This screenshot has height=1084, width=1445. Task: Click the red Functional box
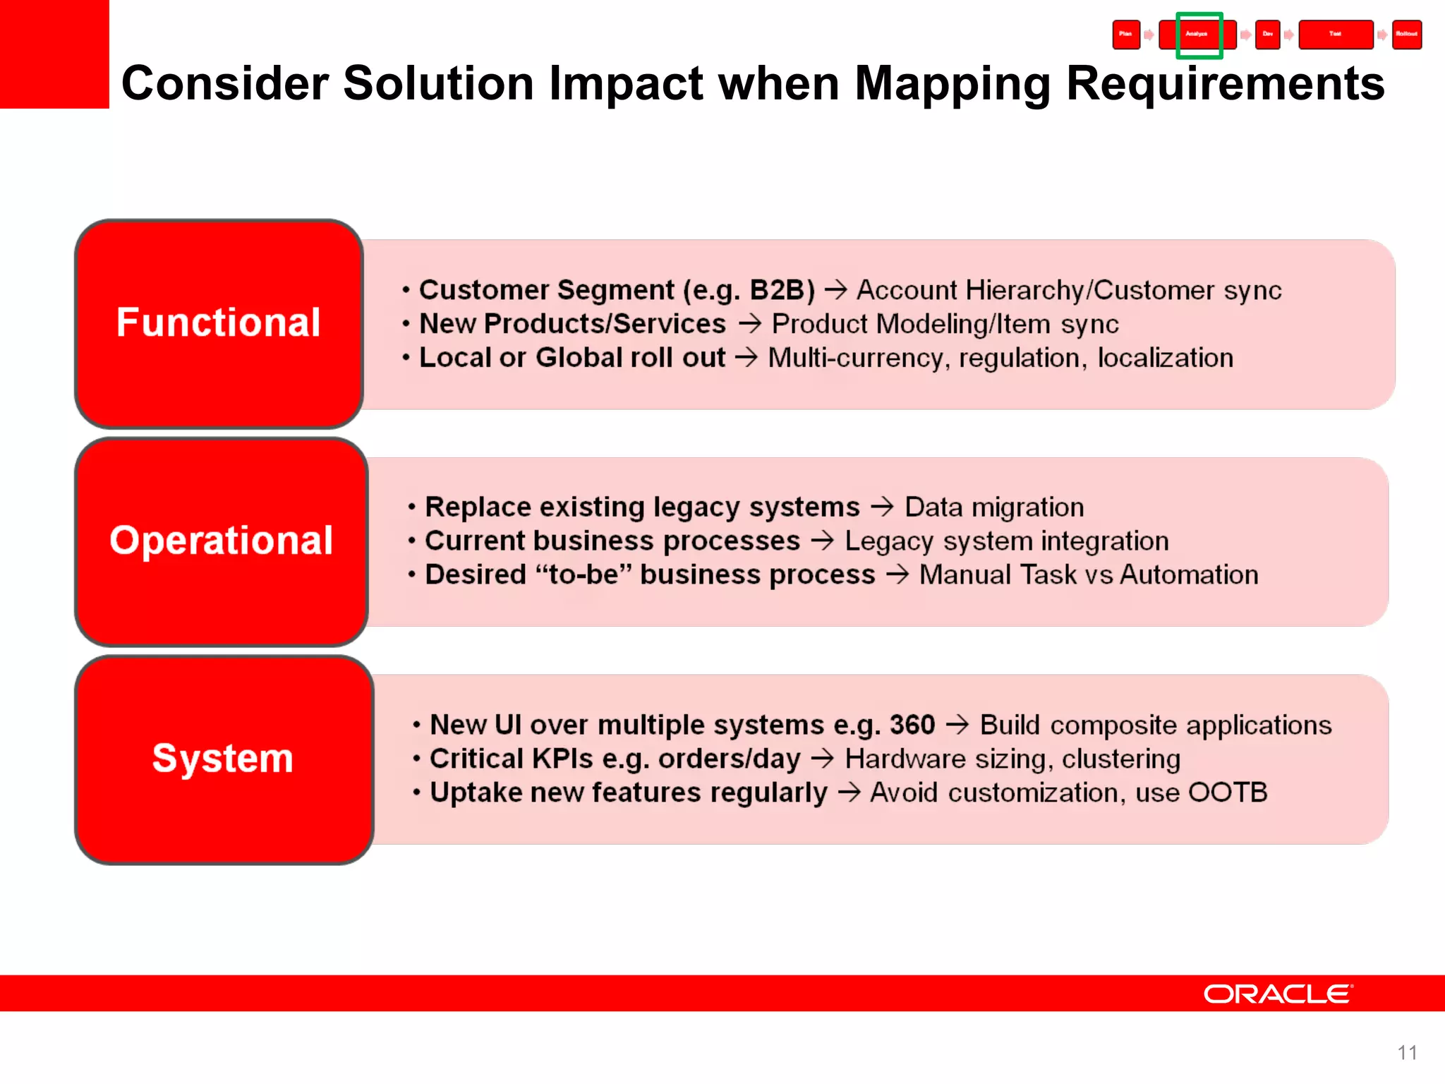219,323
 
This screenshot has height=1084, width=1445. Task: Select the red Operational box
221,541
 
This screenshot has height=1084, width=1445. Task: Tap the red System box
223,759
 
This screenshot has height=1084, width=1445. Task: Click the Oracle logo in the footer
1278,994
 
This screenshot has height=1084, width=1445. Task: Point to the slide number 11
1407,1052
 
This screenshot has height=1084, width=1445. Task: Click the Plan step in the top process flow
1126,35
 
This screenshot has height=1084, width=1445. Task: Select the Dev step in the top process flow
1268,35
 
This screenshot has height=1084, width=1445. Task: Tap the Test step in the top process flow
1335,35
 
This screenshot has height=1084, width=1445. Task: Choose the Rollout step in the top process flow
1406,35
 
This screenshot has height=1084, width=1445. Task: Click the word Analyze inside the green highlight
1197,35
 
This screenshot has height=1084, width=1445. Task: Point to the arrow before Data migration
882,507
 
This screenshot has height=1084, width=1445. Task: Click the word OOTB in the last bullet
1228,793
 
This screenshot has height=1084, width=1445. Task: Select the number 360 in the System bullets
912,725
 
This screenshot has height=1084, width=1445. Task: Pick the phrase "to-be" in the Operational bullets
583,574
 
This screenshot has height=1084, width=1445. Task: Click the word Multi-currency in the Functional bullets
856,358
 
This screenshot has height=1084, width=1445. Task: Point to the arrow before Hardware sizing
822,759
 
